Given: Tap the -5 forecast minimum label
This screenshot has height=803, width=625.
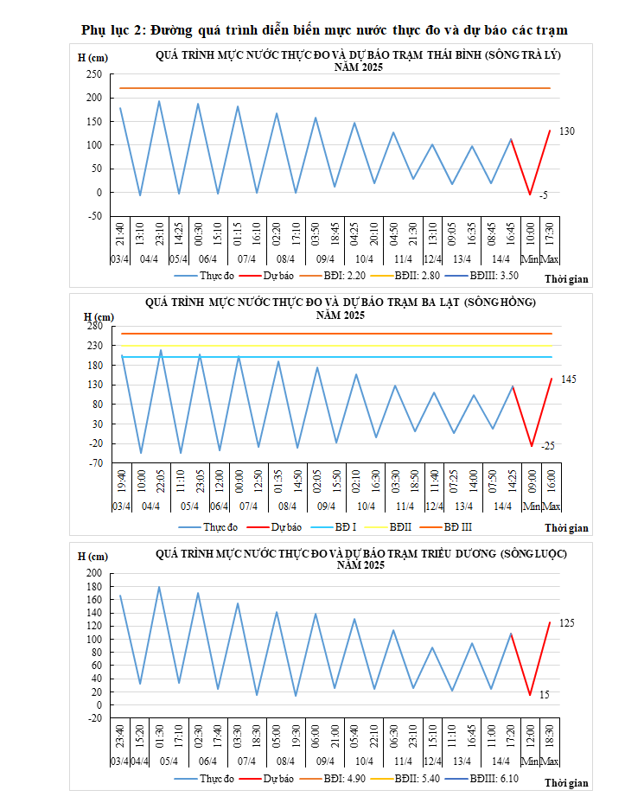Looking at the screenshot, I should tap(543, 196).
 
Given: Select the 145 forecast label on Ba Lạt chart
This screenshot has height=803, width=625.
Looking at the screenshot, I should tap(568, 379).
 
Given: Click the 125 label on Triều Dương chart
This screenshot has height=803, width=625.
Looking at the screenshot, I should tap(566, 623).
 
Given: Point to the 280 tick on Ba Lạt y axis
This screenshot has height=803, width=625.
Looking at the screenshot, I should tap(95, 326).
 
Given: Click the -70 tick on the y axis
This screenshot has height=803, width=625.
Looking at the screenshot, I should tap(95, 462).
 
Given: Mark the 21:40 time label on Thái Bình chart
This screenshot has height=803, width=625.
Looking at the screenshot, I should tap(120, 233).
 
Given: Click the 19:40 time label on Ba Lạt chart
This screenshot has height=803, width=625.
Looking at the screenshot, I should tap(120, 482).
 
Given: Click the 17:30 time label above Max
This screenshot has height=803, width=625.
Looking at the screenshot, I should tap(551, 233).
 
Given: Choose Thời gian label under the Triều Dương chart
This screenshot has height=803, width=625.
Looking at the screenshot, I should tap(567, 783).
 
